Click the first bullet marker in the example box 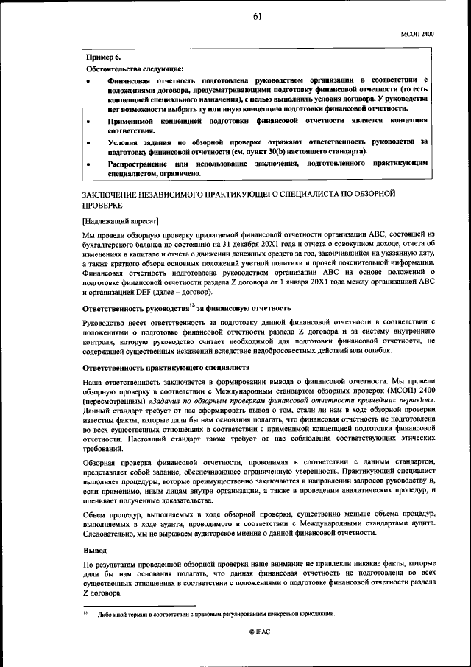89,79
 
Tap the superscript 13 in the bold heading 191,304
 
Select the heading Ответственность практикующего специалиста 166,366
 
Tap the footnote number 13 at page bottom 85,612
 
